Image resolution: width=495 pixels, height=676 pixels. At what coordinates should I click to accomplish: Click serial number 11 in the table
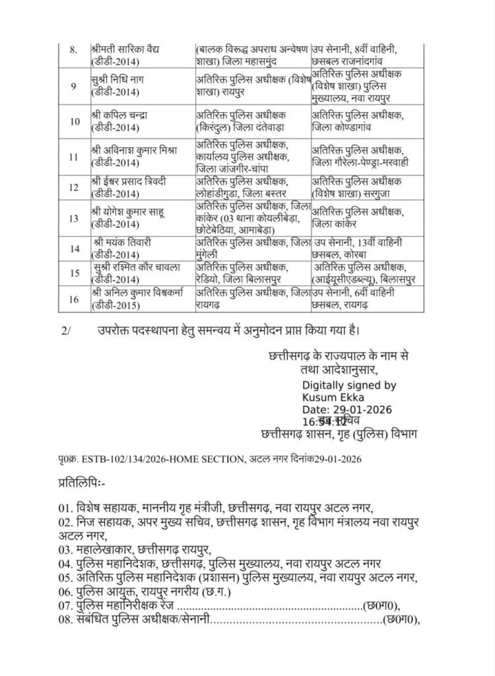[73, 157]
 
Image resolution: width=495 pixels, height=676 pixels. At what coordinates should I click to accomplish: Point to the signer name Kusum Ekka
[329, 397]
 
